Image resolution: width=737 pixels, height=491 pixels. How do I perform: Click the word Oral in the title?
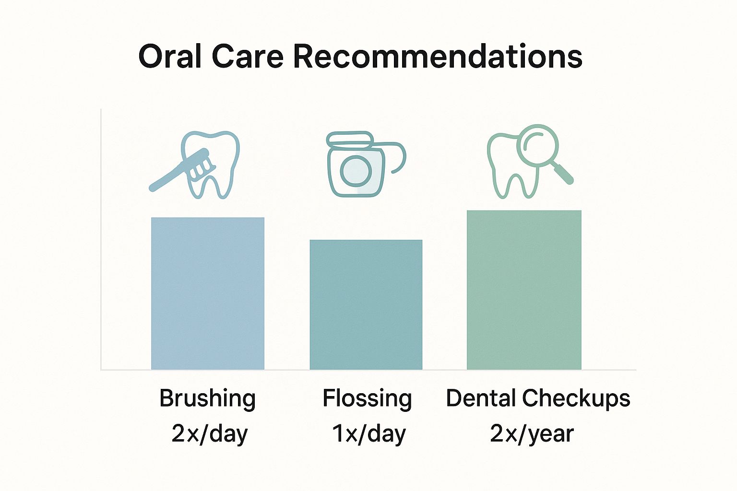[170, 56]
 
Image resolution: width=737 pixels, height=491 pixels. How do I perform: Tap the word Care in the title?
[248, 57]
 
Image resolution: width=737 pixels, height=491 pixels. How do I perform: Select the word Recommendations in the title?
[438, 57]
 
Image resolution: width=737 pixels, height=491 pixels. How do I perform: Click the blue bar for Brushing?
[208, 293]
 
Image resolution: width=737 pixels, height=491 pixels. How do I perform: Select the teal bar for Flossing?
[366, 304]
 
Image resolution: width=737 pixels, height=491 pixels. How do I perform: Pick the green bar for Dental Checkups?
[524, 290]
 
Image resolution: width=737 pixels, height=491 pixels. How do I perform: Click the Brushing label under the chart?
[208, 399]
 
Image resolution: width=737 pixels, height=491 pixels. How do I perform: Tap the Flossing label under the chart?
[367, 399]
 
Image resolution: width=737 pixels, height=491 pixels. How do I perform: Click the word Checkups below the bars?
[576, 399]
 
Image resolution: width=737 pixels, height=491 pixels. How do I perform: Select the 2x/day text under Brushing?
[210, 434]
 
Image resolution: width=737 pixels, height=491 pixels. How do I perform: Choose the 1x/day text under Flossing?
[369, 434]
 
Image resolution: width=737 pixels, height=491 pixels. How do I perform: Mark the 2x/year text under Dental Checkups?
[532, 434]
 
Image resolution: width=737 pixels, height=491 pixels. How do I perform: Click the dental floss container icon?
[366, 164]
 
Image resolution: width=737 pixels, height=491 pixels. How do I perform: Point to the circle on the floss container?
[356, 171]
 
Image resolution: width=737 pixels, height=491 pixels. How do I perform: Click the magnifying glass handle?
[563, 173]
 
